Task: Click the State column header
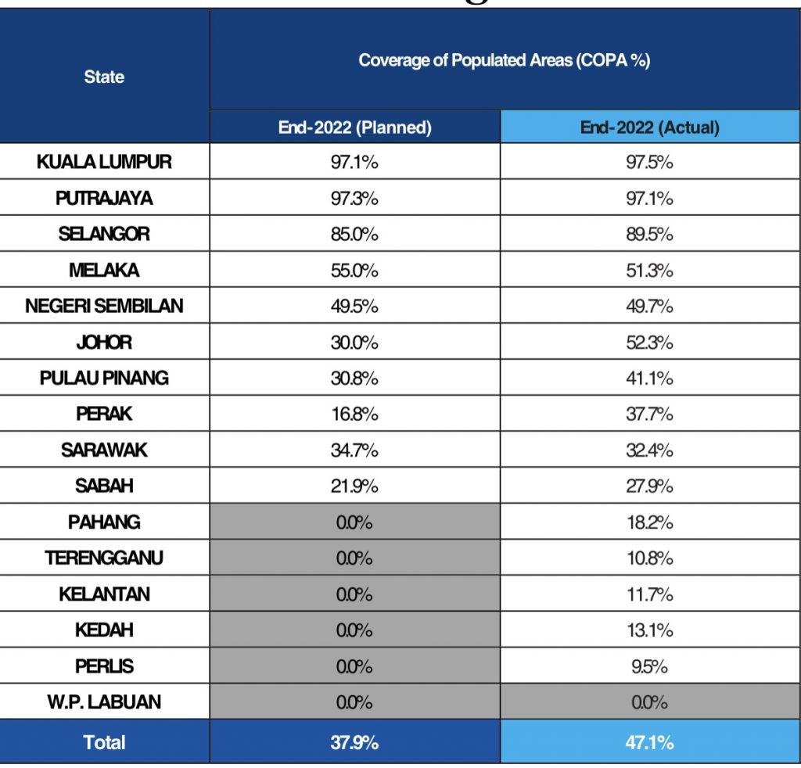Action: [104, 77]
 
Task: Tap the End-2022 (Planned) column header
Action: [354, 127]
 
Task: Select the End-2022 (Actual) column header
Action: [649, 127]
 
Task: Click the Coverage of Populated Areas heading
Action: [505, 60]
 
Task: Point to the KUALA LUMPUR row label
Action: [104, 162]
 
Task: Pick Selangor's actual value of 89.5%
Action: [649, 234]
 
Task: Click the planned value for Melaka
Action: [354, 270]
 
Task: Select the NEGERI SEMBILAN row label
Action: [104, 306]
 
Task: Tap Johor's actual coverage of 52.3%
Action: [649, 342]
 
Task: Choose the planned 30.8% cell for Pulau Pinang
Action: [354, 378]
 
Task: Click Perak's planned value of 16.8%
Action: [354, 414]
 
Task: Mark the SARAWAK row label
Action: [104, 450]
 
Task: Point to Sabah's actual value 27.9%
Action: [649, 486]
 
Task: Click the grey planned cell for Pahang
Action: [354, 522]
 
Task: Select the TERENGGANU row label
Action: [104, 558]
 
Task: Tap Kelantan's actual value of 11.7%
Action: [649, 594]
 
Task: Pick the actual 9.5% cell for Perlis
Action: [649, 666]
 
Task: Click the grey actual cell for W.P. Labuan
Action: [649, 702]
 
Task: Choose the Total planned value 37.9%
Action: [354, 741]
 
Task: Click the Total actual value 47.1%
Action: [649, 741]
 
